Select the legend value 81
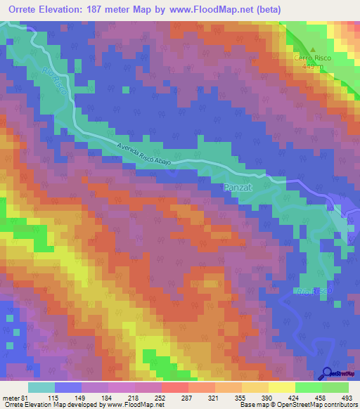pos(26,398)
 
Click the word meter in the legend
pos(11,398)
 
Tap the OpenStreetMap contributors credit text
pos(316,405)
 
